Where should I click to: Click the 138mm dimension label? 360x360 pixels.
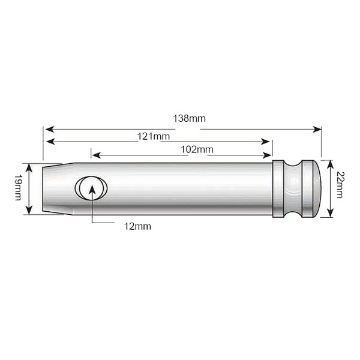pyautogui.click(x=189, y=118)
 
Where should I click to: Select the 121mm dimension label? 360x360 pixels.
pyautogui.click(x=154, y=136)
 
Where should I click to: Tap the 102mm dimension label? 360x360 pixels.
pyautogui.click(x=197, y=149)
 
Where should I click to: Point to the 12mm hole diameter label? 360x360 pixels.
pyautogui.click(x=137, y=226)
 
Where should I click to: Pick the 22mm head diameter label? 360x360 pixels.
pyautogui.click(x=339, y=185)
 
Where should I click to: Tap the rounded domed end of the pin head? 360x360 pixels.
pyautogui.click(x=317, y=188)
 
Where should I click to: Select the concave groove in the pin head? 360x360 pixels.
pyautogui.click(x=293, y=189)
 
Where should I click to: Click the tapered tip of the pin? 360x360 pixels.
pyautogui.click(x=58, y=189)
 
